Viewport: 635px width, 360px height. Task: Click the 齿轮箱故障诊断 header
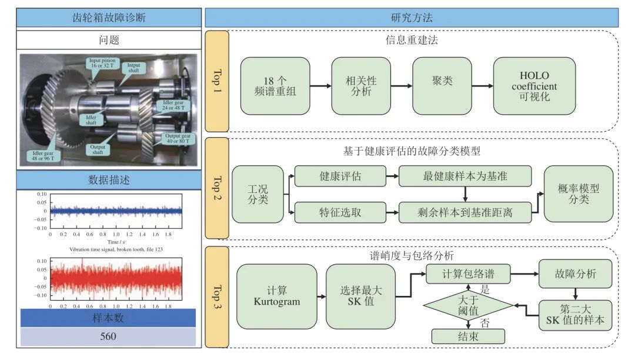pyautogui.click(x=109, y=17)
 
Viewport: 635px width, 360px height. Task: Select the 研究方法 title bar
pyautogui.click(x=411, y=17)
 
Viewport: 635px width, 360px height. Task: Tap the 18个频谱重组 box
pyautogui.click(x=275, y=86)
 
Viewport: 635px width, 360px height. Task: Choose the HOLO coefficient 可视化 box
pyautogui.click(x=534, y=86)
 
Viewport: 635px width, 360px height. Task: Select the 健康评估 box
pyautogui.click(x=340, y=176)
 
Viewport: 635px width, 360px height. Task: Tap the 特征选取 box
pyautogui.click(x=340, y=212)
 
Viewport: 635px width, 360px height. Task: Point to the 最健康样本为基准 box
pyautogui.click(x=464, y=176)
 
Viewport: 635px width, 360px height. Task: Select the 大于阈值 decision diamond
pyautogui.click(x=468, y=304)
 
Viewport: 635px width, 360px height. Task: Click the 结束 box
pyautogui.click(x=468, y=336)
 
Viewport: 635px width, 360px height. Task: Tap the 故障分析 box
pyautogui.click(x=575, y=274)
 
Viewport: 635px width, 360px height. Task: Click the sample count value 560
pyautogui.click(x=108, y=336)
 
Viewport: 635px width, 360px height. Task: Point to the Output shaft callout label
pyautogui.click(x=98, y=149)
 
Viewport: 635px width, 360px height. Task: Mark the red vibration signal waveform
pyautogui.click(x=116, y=278)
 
